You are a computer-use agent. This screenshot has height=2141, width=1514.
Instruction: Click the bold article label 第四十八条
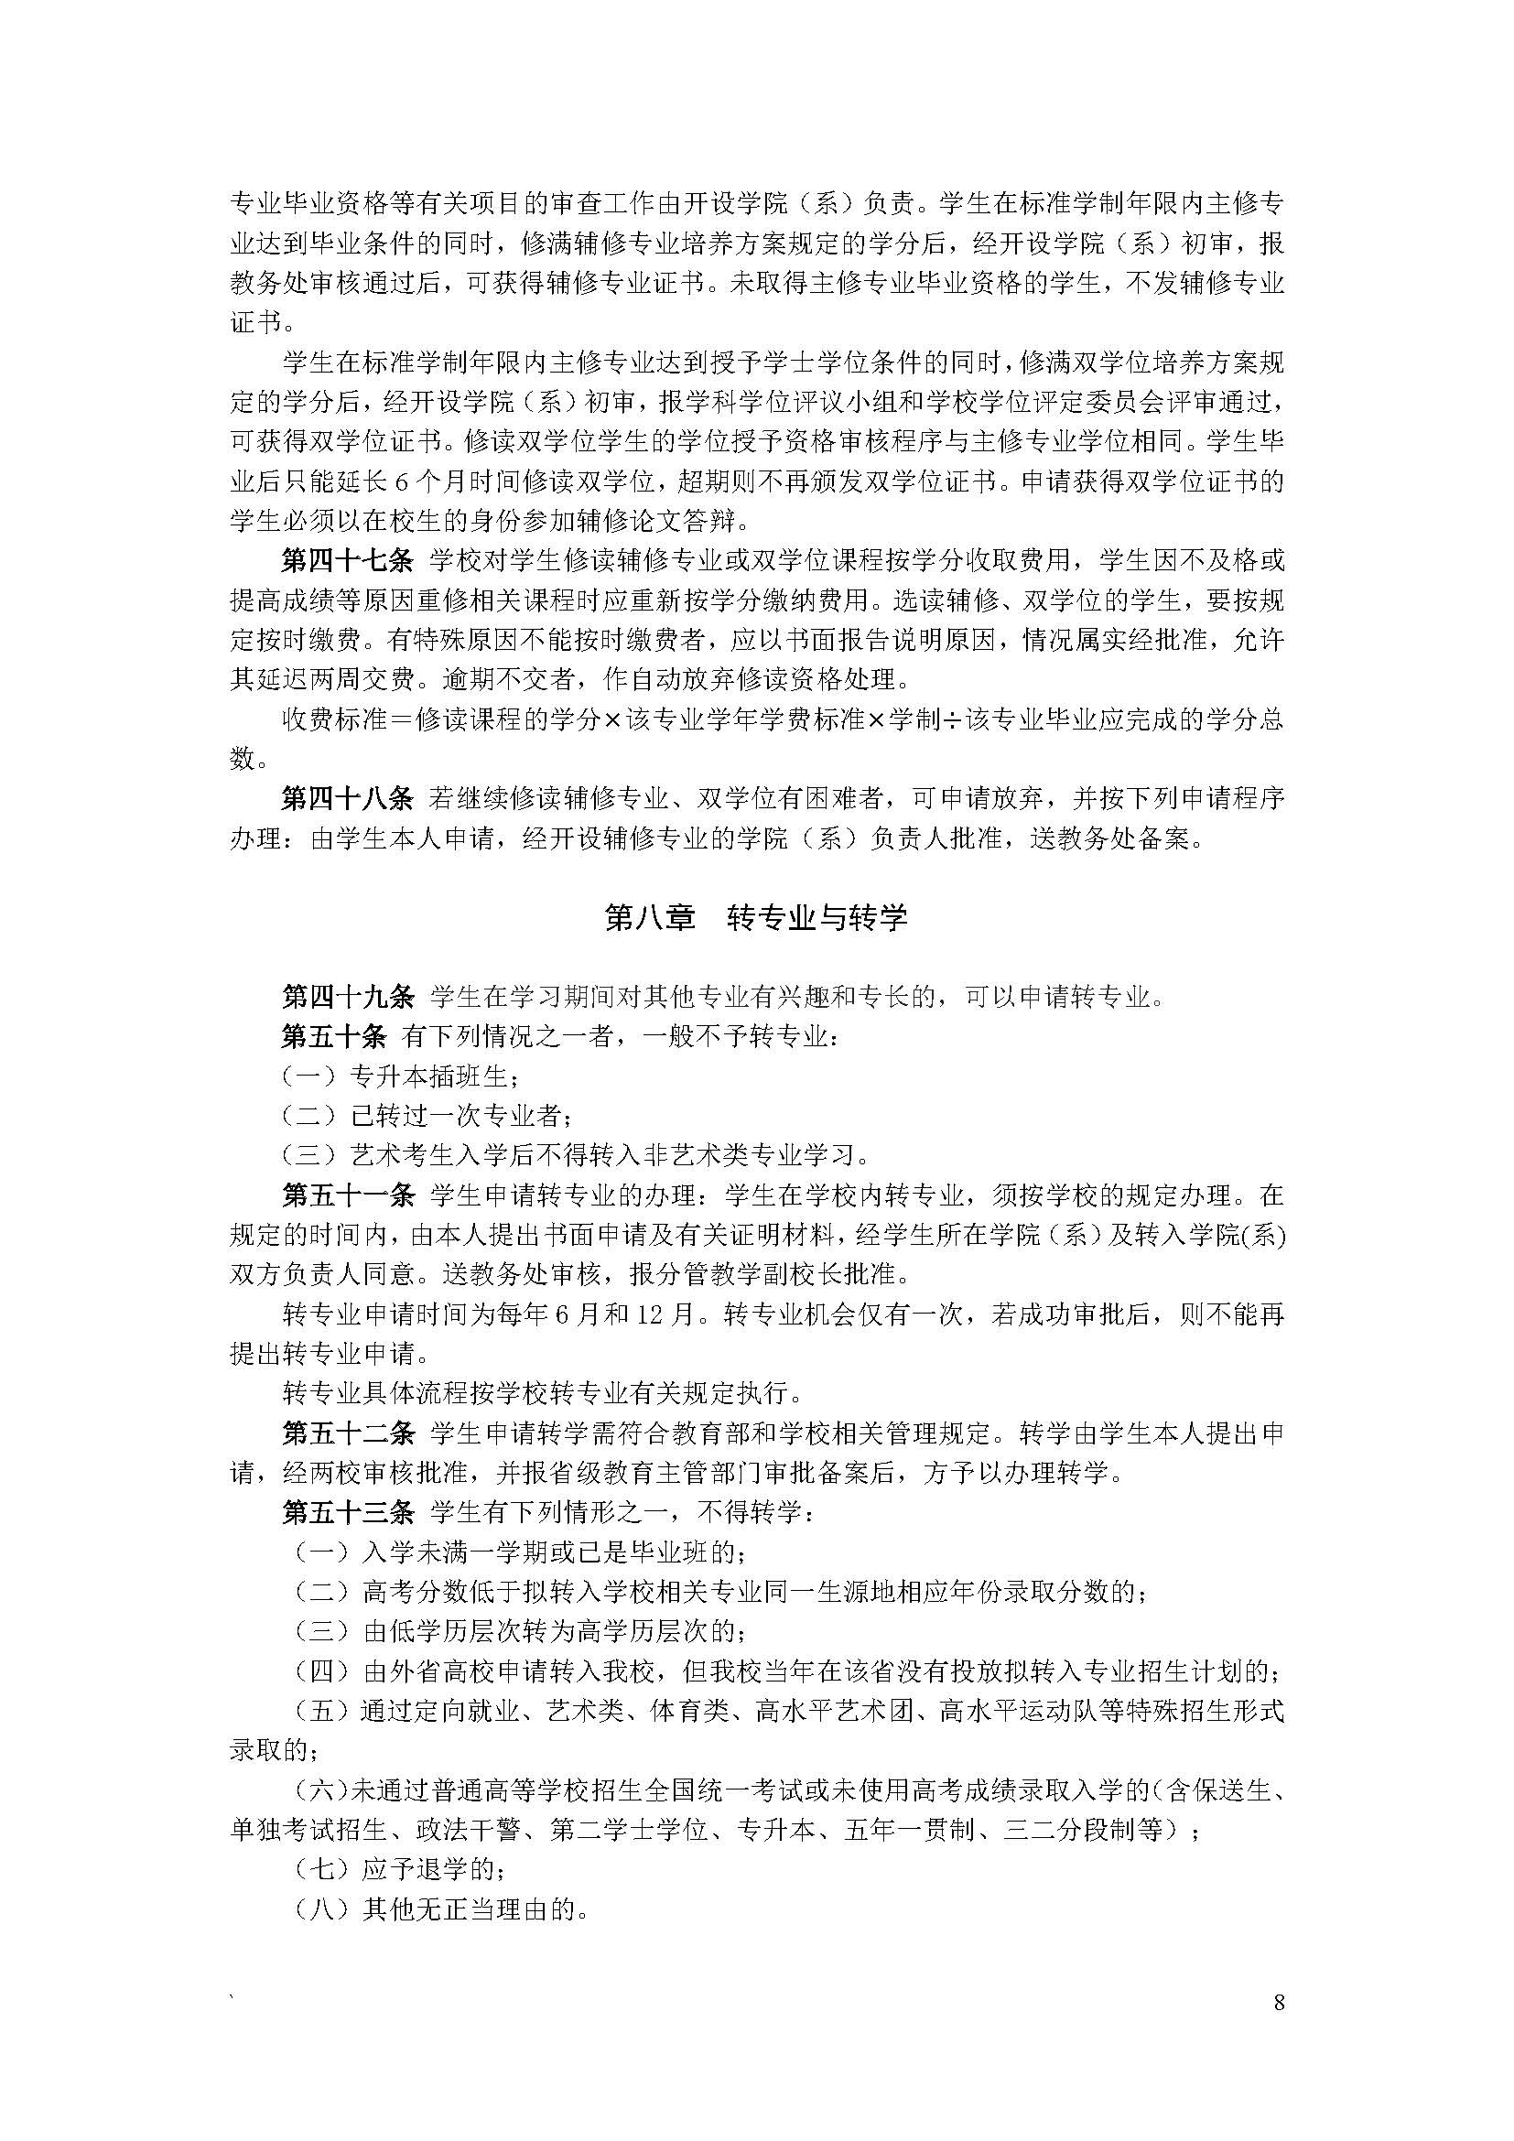coord(348,799)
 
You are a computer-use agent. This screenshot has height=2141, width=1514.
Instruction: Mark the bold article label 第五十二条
coord(348,1433)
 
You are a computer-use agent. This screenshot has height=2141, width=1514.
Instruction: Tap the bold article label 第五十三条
coord(348,1512)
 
